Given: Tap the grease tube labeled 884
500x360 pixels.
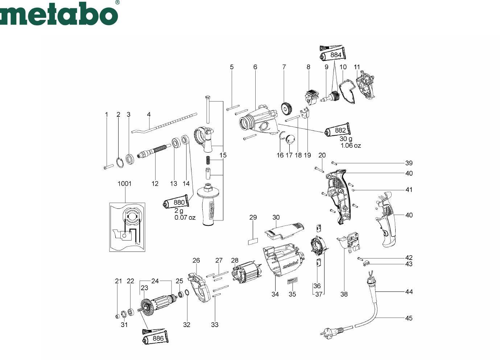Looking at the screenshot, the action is [333, 54].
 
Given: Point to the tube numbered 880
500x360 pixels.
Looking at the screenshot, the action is [176, 202].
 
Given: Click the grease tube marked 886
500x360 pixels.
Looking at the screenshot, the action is [155, 338].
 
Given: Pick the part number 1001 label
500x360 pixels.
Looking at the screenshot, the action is [125, 184].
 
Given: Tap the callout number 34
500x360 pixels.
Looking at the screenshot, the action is [275, 294].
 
